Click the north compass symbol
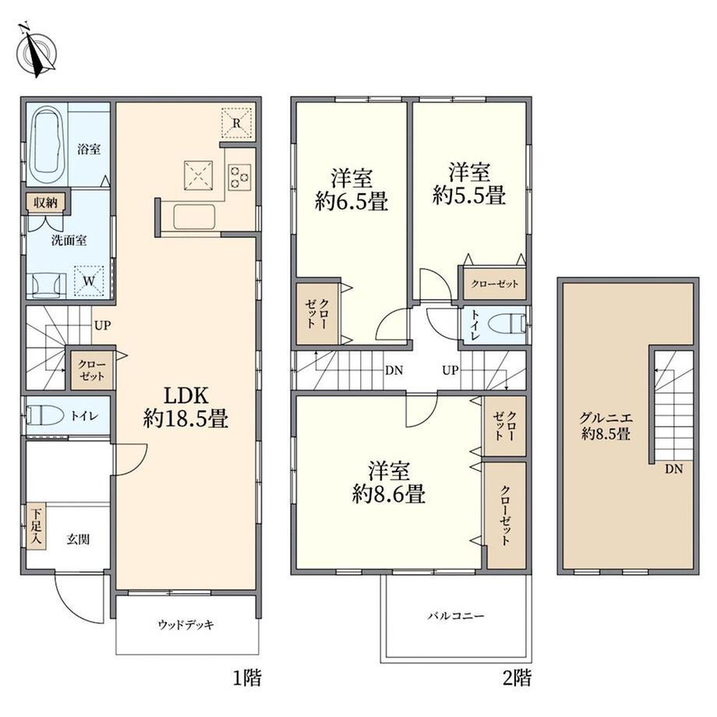pyautogui.click(x=37, y=51)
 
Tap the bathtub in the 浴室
pyautogui.click(x=47, y=146)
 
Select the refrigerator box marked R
pyautogui.click(x=236, y=122)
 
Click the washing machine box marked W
pyautogui.click(x=89, y=281)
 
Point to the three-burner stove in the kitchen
pyautogui.click(x=239, y=178)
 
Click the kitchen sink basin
pyautogui.click(x=194, y=216)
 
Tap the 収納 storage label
pyautogui.click(x=46, y=202)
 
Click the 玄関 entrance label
pyautogui.click(x=78, y=539)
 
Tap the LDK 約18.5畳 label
pyautogui.click(x=185, y=408)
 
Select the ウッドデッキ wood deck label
pyautogui.click(x=185, y=624)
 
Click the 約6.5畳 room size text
pyautogui.click(x=351, y=201)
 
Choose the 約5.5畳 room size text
pyautogui.click(x=469, y=196)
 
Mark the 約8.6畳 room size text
pyautogui.click(x=389, y=494)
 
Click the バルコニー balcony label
pyautogui.click(x=456, y=616)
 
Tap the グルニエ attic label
pyautogui.click(x=606, y=418)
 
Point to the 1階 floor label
pyautogui.click(x=247, y=678)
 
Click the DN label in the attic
pyautogui.click(x=673, y=468)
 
